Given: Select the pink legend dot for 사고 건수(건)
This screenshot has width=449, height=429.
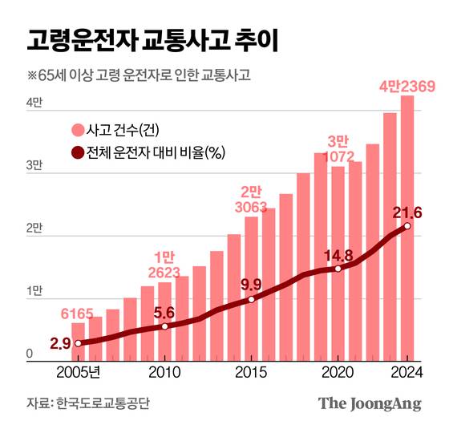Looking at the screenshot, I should [78, 130].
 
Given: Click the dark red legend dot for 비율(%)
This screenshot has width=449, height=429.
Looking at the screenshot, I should [78, 152].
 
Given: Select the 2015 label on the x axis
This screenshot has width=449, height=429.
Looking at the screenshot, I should [251, 373].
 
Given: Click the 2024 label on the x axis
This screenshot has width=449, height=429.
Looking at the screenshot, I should [407, 373].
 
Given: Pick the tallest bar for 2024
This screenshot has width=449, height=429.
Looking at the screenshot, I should [407, 241].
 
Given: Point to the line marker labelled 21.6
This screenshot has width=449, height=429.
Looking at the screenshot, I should [407, 226].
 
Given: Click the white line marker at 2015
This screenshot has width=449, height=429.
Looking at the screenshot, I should [251, 299].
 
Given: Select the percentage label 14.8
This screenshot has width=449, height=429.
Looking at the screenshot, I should [338, 256].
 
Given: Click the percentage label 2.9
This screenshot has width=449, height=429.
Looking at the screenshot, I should [59, 343].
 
